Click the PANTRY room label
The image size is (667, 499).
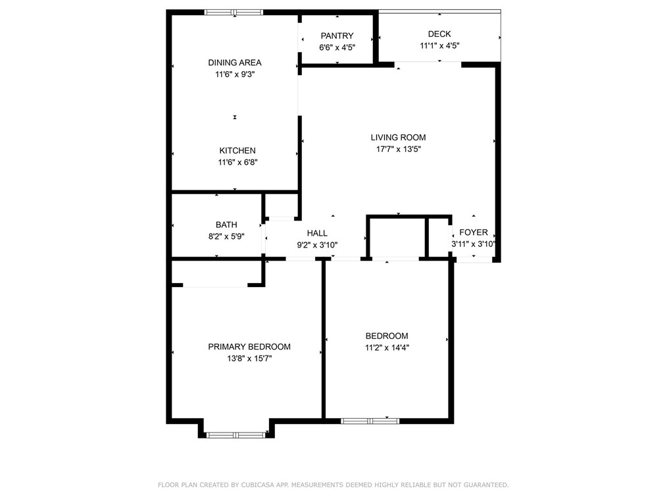pos(337,36)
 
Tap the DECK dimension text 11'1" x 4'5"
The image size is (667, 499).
pos(439,46)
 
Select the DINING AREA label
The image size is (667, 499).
pos(235,63)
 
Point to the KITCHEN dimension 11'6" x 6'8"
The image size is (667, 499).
pos(237,162)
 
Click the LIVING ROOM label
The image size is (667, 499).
pos(398,138)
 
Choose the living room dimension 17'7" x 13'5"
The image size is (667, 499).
pos(398,149)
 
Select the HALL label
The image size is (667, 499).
pos(317,233)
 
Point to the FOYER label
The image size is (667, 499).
pos(474,232)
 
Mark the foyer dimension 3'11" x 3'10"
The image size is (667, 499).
pos(473,244)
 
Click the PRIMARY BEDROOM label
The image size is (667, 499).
pos(249,347)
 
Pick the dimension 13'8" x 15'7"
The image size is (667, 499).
pos(249,359)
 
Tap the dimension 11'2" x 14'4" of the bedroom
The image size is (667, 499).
pos(387,348)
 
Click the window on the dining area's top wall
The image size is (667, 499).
pos(234,12)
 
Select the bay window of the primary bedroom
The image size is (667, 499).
pos(235,434)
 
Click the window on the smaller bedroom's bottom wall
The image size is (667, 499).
pos(370,421)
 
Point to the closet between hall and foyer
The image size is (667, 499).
pos(397,237)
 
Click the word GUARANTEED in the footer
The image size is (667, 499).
pos(485,485)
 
